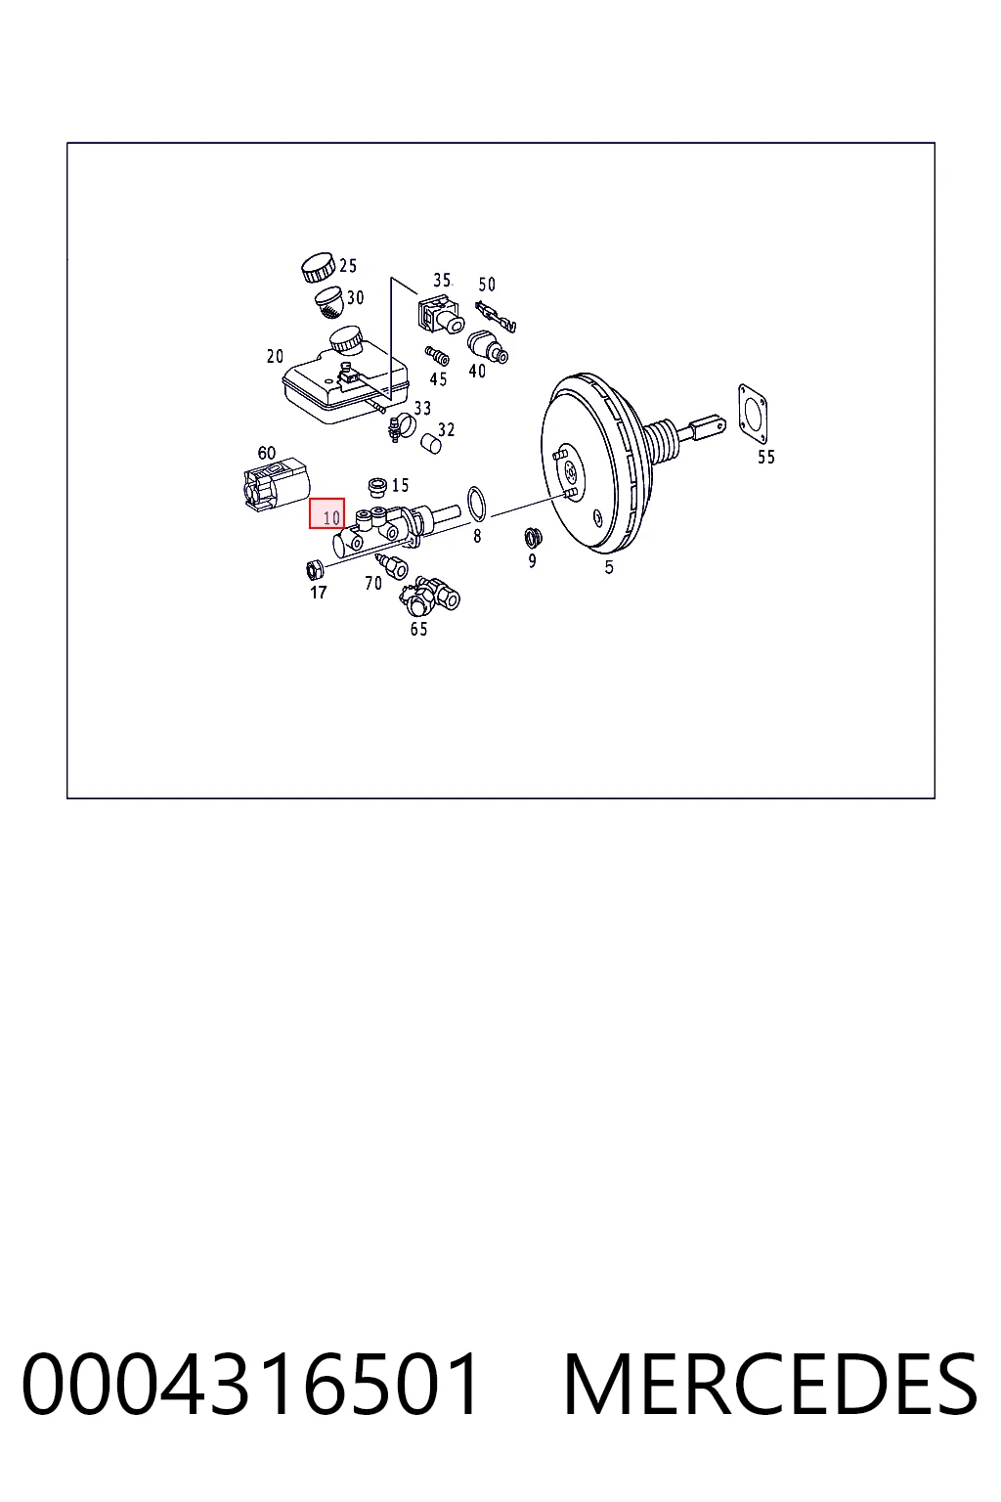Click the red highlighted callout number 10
326,513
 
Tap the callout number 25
348,266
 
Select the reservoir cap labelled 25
318,268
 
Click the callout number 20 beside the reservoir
275,357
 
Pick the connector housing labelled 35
440,314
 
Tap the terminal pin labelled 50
496,317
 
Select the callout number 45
438,379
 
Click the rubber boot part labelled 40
488,346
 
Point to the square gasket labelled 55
753,413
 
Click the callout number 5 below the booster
609,567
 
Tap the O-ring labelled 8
477,505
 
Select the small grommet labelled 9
533,537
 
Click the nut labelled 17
313,571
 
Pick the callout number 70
373,584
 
